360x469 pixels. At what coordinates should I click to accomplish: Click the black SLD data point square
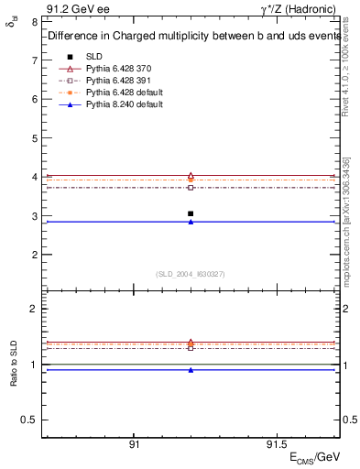coord(191,213)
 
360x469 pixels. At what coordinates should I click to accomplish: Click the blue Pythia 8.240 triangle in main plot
coord(191,222)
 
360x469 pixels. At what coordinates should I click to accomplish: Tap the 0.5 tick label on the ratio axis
coord(31,420)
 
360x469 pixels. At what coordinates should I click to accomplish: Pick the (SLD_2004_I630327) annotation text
coord(191,274)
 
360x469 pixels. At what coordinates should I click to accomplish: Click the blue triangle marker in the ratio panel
coord(191,370)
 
